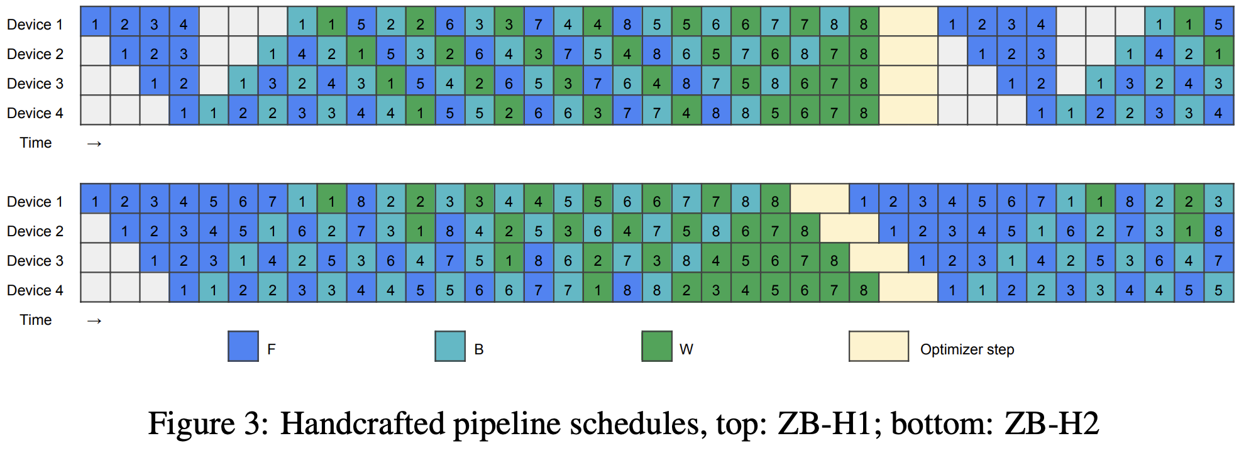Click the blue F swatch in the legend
click(x=243, y=346)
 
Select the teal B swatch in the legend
click(x=450, y=346)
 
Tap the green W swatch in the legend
click(x=657, y=346)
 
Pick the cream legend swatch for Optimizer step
click(x=878, y=346)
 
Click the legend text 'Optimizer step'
click(x=967, y=349)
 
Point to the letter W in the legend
click(x=686, y=349)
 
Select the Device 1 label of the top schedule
click(x=35, y=25)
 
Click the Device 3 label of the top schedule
click(x=35, y=84)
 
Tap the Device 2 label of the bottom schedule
click(x=35, y=231)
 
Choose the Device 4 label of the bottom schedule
click(x=35, y=290)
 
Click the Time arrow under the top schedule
click(x=94, y=144)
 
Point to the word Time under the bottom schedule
click(x=36, y=320)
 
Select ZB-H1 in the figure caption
click(x=823, y=423)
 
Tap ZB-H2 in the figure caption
click(x=1051, y=423)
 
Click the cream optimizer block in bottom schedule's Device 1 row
click(x=819, y=201)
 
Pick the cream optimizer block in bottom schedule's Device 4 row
click(x=908, y=290)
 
